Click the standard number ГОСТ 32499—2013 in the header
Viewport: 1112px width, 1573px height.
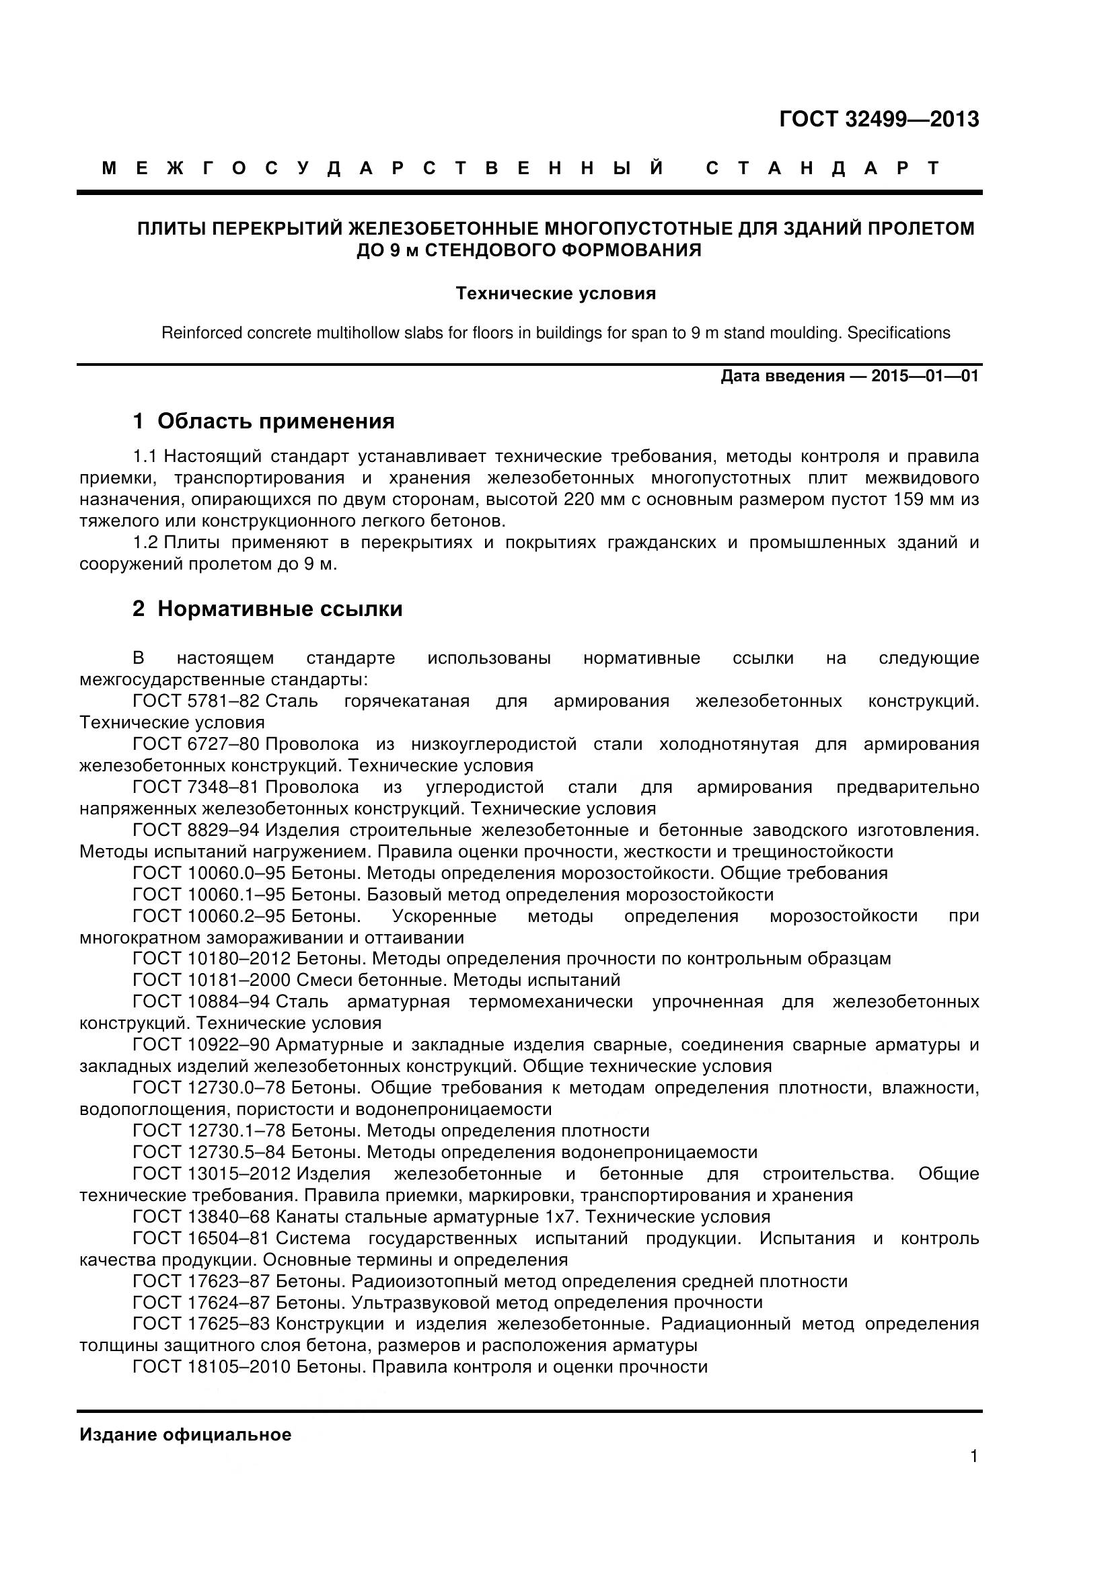[879, 120]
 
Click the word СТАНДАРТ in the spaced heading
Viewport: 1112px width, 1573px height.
[823, 169]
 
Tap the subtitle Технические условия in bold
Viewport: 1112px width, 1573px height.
[556, 294]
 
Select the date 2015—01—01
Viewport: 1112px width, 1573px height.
[924, 376]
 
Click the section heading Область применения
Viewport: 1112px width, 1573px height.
[275, 422]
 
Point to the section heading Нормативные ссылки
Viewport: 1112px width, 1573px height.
[280, 609]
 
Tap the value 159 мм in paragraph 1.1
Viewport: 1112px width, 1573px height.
[923, 500]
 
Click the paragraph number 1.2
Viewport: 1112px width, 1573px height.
[145, 543]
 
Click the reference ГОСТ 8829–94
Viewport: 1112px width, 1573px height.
[195, 831]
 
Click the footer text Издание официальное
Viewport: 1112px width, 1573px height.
[185, 1434]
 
